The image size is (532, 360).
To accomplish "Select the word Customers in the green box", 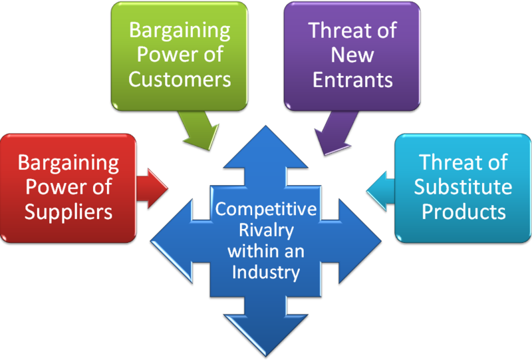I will tap(180, 79).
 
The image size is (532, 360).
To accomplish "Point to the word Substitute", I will tap(463, 187).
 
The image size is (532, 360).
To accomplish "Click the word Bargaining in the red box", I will tap(68, 162).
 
